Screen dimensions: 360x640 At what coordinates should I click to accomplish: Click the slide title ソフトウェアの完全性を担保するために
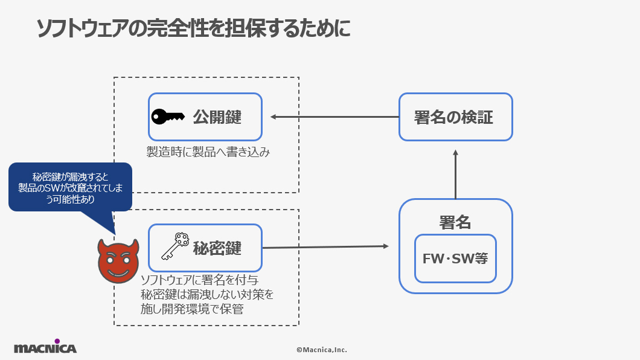(x=193, y=28)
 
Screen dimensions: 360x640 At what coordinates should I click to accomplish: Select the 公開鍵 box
(x=205, y=117)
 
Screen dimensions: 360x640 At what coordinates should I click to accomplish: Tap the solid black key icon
(x=167, y=117)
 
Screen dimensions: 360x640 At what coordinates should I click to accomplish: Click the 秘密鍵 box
(x=205, y=248)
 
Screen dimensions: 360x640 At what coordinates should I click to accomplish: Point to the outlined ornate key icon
(x=175, y=246)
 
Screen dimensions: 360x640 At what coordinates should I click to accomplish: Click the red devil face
(x=118, y=261)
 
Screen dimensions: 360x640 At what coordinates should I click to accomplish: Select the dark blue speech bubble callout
(x=70, y=187)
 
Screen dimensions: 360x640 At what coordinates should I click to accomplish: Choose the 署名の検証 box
(x=455, y=117)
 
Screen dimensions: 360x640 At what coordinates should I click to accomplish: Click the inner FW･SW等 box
(x=455, y=259)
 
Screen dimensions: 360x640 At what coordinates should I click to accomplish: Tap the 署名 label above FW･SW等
(x=455, y=222)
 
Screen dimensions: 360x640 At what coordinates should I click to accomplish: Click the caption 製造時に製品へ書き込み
(x=208, y=152)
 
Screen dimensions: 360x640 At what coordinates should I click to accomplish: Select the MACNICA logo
(x=45, y=347)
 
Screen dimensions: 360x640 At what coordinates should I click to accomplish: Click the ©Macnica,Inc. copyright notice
(x=321, y=349)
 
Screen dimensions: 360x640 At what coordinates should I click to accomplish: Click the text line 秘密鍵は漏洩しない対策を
(x=206, y=295)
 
